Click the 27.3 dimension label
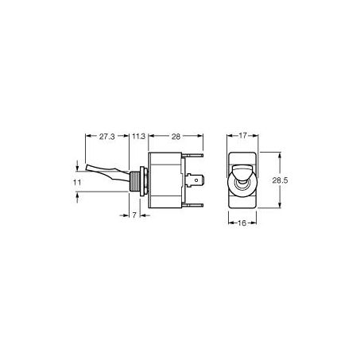(107, 137)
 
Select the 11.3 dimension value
(139, 137)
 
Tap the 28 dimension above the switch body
(176, 137)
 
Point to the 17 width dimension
(242, 136)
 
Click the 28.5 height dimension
(280, 180)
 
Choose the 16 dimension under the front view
(242, 223)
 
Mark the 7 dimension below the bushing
(134, 215)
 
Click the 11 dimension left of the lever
(77, 183)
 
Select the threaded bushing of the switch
(134, 181)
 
